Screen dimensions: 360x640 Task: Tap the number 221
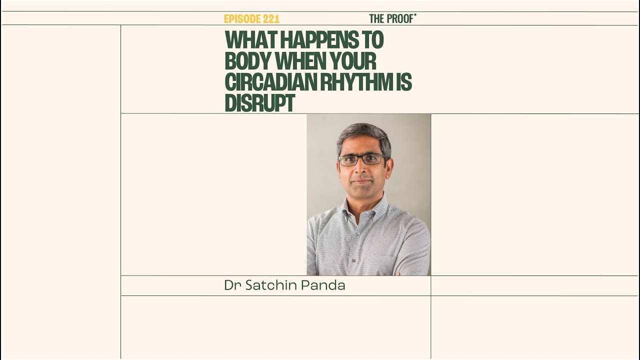270,19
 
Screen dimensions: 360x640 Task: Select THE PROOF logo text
392,19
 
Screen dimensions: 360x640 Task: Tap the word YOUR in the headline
353,61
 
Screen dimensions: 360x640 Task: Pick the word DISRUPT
259,103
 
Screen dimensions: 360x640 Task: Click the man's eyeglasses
361,159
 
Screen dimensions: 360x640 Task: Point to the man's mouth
361,180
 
